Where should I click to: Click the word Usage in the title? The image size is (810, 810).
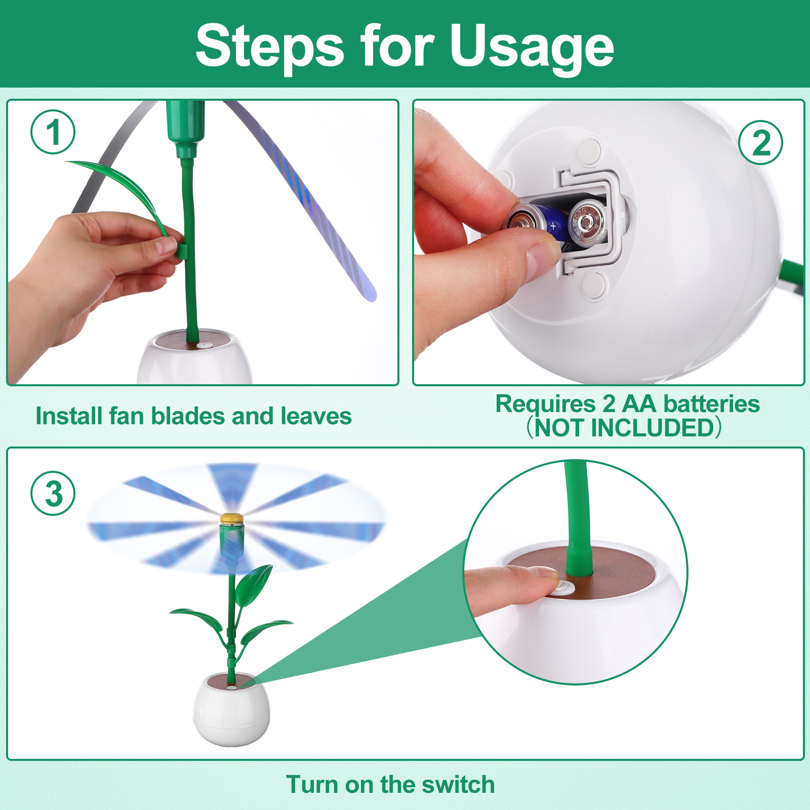[532, 47]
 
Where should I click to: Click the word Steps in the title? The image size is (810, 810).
[270, 46]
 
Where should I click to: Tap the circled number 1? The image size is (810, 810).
[53, 132]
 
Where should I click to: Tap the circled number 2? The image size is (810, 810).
[760, 142]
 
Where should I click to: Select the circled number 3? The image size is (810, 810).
[53, 493]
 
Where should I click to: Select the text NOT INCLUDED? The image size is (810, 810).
[624, 428]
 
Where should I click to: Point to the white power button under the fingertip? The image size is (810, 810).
[564, 588]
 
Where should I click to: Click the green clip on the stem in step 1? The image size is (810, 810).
[184, 251]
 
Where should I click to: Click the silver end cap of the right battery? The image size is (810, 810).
[587, 221]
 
